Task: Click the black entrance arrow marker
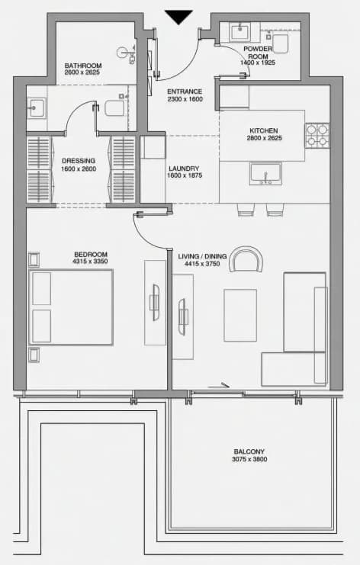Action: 178,17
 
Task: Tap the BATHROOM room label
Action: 83,66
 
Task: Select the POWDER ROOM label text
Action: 258,53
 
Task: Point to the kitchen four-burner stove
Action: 317,136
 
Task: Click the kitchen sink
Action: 265,174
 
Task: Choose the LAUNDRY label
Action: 184,169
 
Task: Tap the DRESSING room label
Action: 79,161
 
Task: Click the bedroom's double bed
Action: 71,307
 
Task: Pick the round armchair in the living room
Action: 246,259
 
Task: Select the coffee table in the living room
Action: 240,315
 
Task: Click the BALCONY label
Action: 249,451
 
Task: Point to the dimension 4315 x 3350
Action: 90,262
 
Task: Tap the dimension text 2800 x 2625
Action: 264,138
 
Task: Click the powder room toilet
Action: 281,43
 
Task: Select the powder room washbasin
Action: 239,32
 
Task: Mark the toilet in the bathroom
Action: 115,108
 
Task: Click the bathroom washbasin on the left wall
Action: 36,108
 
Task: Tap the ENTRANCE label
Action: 185,91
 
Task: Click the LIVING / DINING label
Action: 202,256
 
